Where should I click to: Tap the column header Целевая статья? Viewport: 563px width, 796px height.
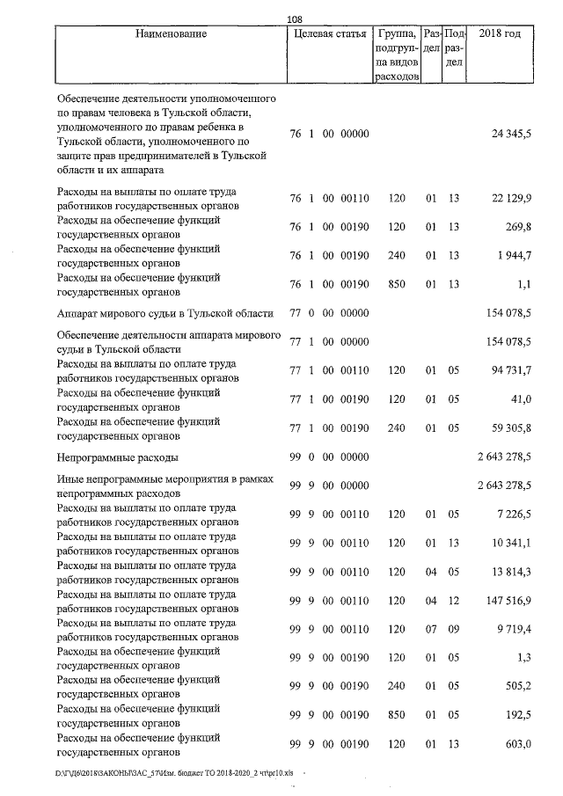tap(328, 34)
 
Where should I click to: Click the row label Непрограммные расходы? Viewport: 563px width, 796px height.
tap(117, 458)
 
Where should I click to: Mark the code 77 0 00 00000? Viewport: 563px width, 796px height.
tap(328, 314)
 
